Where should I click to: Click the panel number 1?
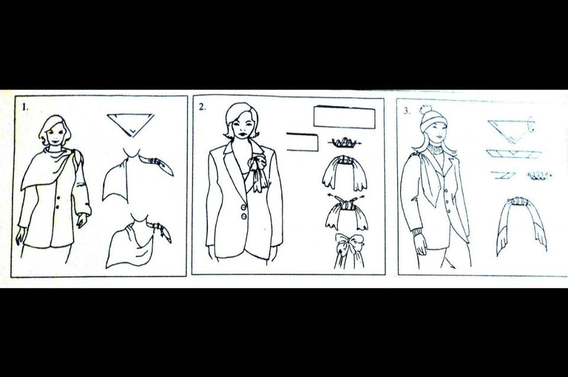pyautogui.click(x=25, y=107)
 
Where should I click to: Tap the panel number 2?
pyautogui.click(x=202, y=107)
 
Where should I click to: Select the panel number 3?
pyautogui.click(x=407, y=111)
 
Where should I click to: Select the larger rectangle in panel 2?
pyautogui.click(x=344, y=117)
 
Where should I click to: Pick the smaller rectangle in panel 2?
pyautogui.click(x=302, y=142)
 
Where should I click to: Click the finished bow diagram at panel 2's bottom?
pyautogui.click(x=349, y=250)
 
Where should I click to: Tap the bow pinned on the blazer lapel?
pyautogui.click(x=259, y=171)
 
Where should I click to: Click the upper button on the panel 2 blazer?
pyautogui.click(x=244, y=207)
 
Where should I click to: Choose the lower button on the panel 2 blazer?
pyautogui.click(x=244, y=216)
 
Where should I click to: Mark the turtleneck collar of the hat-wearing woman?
pyautogui.click(x=435, y=149)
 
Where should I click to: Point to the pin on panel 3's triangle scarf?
pyautogui.click(x=531, y=125)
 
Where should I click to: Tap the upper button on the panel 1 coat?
pyautogui.click(x=58, y=198)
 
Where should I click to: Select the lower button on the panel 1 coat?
pyautogui.click(x=57, y=207)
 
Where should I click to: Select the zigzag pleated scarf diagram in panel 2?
pyautogui.click(x=344, y=142)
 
